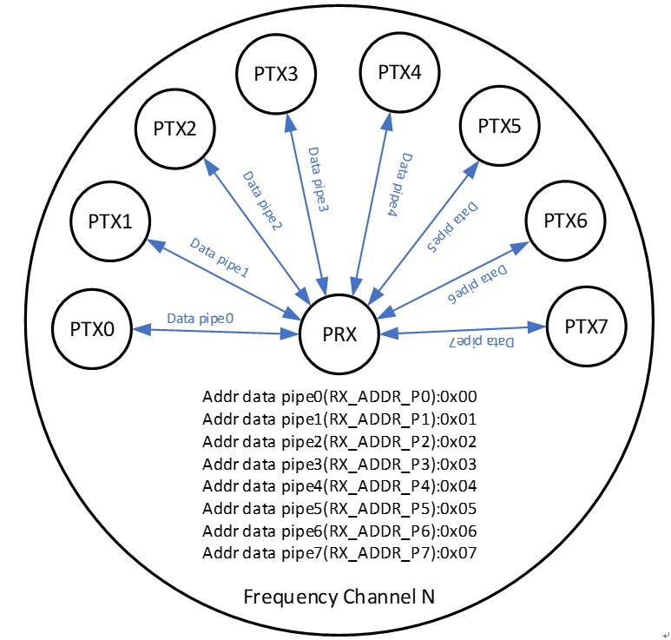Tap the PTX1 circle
click(x=110, y=221)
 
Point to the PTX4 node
click(x=399, y=72)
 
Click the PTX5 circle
click(x=499, y=127)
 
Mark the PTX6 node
click(x=565, y=221)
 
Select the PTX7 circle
click(x=586, y=327)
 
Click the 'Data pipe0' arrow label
click(x=201, y=319)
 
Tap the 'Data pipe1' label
click(x=220, y=258)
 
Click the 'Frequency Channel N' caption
click(x=339, y=597)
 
